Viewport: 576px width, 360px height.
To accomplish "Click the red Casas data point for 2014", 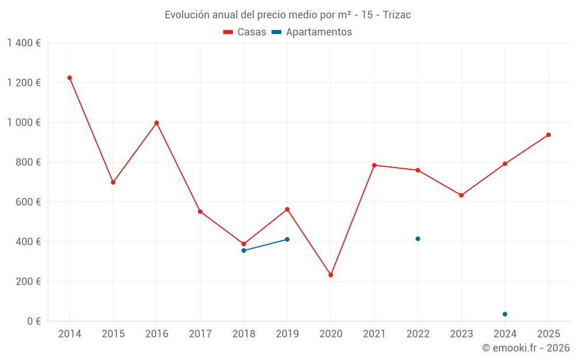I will [70, 78].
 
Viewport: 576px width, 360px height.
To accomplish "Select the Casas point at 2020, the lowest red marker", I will [331, 275].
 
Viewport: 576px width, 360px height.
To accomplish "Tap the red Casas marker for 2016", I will [157, 123].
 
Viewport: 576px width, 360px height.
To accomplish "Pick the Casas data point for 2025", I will [548, 135].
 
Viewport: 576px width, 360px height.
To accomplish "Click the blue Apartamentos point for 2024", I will [505, 314].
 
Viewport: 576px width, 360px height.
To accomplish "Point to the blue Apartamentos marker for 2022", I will [418, 238].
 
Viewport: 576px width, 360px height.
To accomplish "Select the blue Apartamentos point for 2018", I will [244, 251].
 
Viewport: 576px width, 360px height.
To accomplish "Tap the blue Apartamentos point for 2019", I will [287, 239].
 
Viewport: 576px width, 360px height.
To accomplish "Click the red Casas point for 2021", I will [374, 165].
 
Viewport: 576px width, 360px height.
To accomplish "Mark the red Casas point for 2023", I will [461, 195].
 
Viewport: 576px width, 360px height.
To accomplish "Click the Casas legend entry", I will [245, 32].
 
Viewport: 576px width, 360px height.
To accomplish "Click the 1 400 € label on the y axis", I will [24, 43].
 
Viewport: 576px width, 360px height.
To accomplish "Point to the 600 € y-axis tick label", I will [28, 202].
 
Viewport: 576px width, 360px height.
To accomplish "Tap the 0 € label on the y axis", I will [32, 321].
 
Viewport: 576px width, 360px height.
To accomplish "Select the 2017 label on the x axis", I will [200, 334].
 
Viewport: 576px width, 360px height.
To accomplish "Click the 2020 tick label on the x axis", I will [331, 334].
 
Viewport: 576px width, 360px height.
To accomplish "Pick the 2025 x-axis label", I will [548, 334].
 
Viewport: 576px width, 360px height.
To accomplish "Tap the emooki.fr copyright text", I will [526, 348].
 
